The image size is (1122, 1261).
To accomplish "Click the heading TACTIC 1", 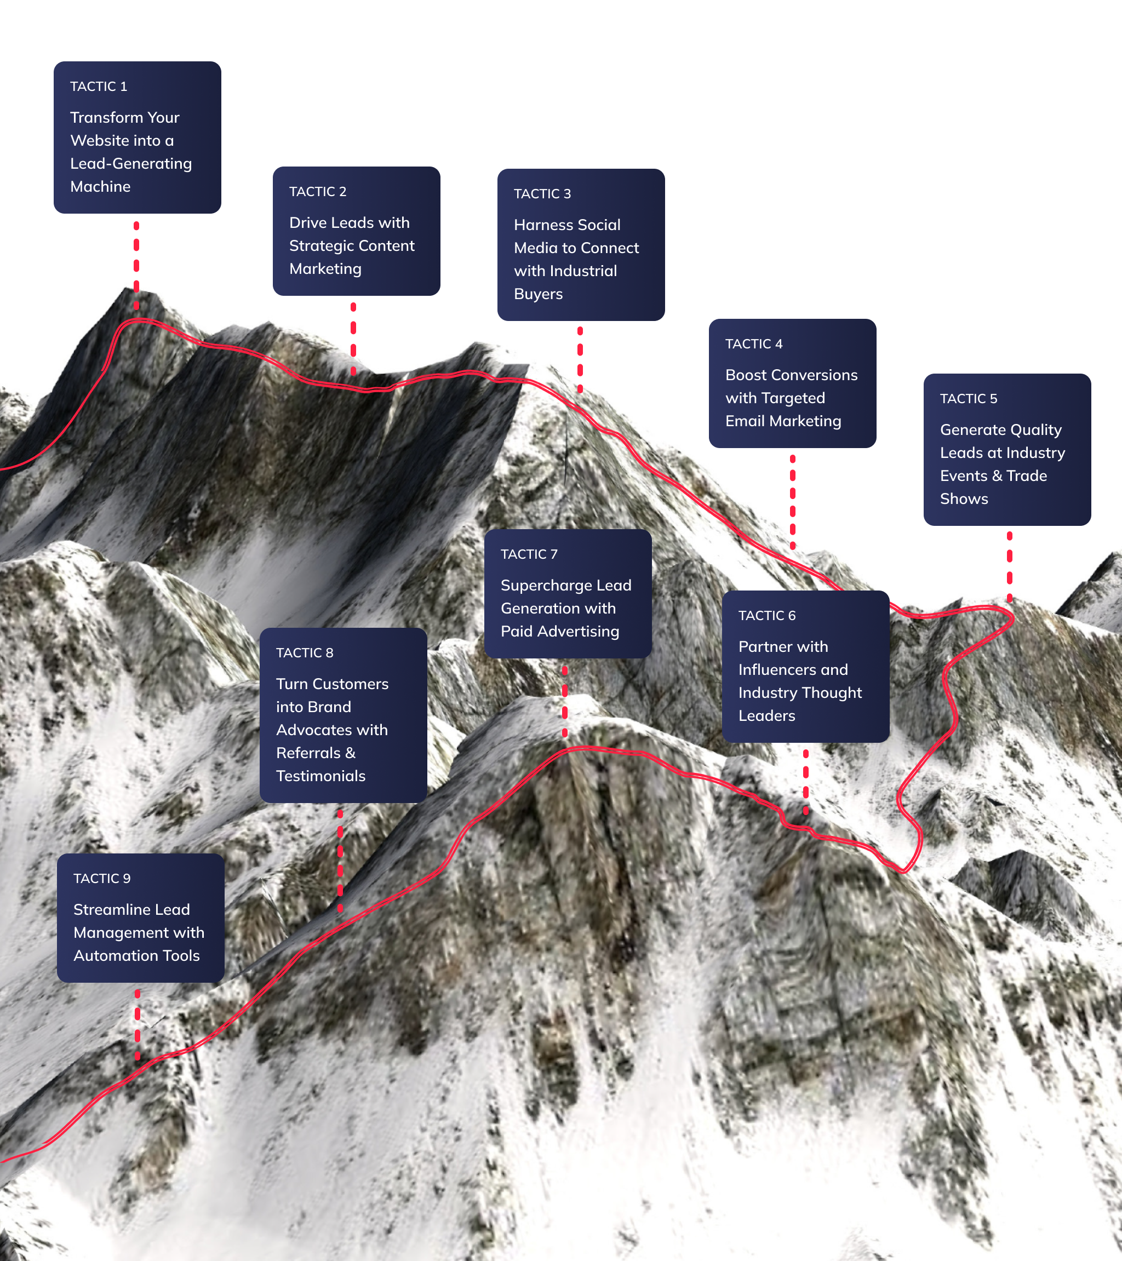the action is pyautogui.click(x=99, y=87).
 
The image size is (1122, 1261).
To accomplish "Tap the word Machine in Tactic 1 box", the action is pyautogui.click(x=101, y=186).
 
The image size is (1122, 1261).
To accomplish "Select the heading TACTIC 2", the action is pyautogui.click(x=318, y=192).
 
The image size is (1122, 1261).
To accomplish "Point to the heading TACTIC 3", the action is pyautogui.click(x=542, y=194).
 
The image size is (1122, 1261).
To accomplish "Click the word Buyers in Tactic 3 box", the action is pyautogui.click(x=538, y=294).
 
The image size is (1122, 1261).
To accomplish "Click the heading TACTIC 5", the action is pyautogui.click(x=968, y=399).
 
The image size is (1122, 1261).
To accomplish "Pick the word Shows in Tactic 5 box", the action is pyautogui.click(x=964, y=498).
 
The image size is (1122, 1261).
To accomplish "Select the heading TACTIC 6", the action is pyautogui.click(x=767, y=616).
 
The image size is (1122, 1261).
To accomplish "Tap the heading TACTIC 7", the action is pyautogui.click(x=529, y=554).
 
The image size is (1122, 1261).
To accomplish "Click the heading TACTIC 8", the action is pyautogui.click(x=304, y=654).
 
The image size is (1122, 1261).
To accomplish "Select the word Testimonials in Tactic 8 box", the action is pyautogui.click(x=321, y=776).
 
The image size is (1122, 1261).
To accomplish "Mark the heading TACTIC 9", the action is pyautogui.click(x=102, y=879).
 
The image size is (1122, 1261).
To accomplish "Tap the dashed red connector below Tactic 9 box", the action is pyautogui.click(x=138, y=1025).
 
